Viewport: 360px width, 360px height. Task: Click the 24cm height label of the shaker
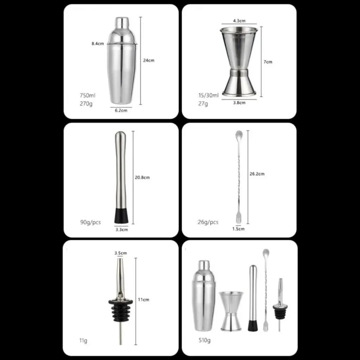click(149, 60)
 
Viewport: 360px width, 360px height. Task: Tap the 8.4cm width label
click(98, 43)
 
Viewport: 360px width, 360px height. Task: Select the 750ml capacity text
click(88, 95)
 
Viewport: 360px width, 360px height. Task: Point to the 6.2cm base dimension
click(121, 110)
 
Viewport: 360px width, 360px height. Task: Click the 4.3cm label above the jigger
click(239, 21)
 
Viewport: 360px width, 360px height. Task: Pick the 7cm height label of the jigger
click(268, 62)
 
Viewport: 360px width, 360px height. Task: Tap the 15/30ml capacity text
click(208, 95)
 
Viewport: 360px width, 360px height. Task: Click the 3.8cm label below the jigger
click(239, 103)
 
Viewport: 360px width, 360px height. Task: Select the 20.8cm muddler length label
click(142, 178)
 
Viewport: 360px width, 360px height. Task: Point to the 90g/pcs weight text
click(90, 222)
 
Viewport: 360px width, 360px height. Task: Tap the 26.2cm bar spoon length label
click(257, 174)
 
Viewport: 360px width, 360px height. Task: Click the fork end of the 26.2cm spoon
click(239, 220)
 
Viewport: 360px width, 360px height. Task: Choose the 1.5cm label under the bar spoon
click(238, 229)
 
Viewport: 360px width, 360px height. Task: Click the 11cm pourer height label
click(143, 300)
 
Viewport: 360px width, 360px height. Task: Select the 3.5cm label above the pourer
click(121, 253)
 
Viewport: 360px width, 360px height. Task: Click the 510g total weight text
click(205, 340)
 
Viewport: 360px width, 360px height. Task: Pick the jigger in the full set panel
click(231, 311)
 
